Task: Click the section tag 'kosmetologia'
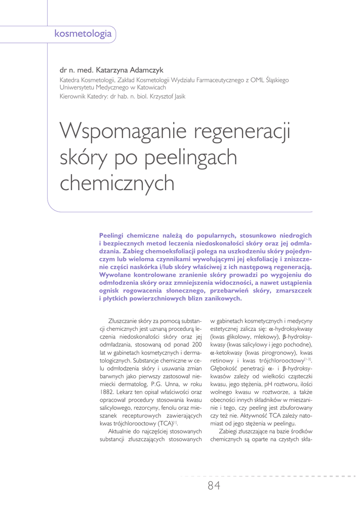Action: coord(83,34)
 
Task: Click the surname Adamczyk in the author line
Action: coord(145,70)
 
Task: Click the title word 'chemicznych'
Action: coord(117,183)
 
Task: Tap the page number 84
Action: coord(214,486)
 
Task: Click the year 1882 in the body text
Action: coord(108,392)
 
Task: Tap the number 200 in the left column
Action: coord(195,344)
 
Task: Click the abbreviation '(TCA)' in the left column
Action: coord(163,423)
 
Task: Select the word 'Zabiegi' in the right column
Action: coord(229,431)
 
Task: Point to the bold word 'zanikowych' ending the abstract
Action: coord(220,298)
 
